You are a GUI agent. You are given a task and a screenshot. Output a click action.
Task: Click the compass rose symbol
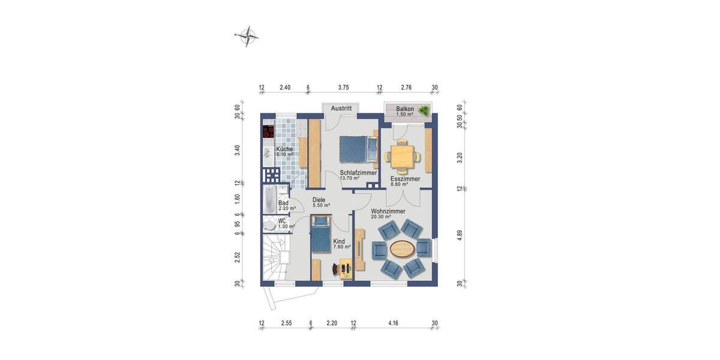click(247, 36)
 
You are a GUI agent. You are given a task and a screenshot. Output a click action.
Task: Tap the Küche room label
click(284, 149)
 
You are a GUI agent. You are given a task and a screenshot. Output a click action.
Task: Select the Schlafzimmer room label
click(358, 172)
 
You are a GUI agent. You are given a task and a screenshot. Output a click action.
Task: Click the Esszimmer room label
click(404, 179)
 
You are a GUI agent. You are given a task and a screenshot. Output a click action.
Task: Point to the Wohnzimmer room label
click(388, 211)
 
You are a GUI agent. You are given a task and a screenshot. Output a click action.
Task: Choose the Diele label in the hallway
click(319, 200)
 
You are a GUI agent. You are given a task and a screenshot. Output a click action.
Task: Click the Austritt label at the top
click(341, 109)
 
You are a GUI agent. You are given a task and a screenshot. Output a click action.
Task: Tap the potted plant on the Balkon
click(425, 110)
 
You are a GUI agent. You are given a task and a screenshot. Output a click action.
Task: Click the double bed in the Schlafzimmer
click(353, 149)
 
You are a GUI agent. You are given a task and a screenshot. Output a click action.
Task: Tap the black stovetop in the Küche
click(268, 131)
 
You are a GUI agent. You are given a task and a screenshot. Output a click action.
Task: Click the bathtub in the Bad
click(268, 199)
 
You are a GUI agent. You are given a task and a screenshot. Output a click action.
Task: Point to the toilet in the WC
click(271, 224)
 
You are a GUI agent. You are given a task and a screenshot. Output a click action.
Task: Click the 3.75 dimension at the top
click(343, 87)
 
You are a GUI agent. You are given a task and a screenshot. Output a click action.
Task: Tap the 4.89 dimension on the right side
click(460, 234)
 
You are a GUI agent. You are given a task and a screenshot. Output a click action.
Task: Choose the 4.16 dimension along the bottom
click(394, 323)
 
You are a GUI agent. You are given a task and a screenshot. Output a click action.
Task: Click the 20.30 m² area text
click(380, 217)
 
